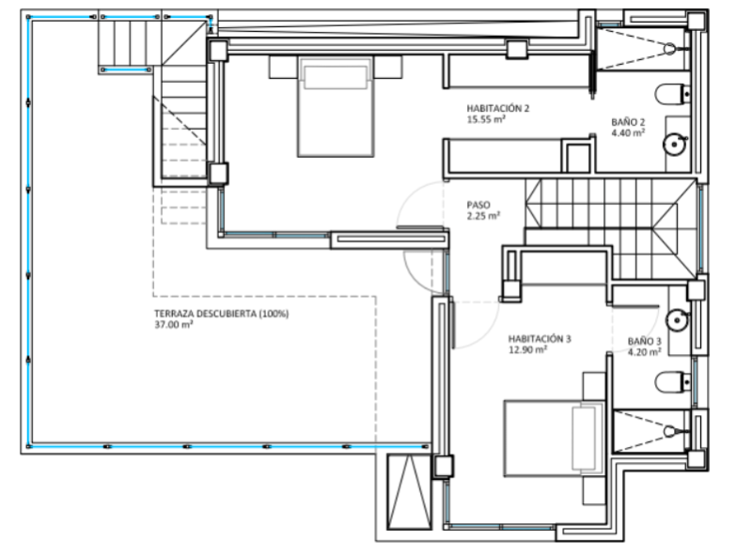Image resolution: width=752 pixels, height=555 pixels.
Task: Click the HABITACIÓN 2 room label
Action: [498, 108]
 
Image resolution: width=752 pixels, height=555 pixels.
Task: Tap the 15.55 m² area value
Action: [486, 119]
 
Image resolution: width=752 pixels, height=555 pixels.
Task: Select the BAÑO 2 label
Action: [628, 122]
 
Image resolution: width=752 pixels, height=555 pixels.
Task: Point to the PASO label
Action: [478, 205]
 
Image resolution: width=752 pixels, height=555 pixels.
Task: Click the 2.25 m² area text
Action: [483, 216]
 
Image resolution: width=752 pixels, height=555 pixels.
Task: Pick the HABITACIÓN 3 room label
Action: [540, 339]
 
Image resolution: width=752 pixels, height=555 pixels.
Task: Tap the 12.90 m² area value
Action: [527, 350]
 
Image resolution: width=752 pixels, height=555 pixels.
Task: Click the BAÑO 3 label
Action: [644, 341]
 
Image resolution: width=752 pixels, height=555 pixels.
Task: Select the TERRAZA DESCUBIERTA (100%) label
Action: [222, 314]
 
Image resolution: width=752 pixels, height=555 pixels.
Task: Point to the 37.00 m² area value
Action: [174, 325]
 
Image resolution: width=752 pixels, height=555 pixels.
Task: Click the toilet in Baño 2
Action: [672, 95]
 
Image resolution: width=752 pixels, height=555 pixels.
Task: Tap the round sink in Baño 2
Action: [675, 144]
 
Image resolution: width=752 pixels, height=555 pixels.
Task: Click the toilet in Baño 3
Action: [672, 382]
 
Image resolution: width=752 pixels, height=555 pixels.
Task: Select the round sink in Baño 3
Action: [677, 319]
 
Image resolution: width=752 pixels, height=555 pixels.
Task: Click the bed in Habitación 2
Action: [336, 106]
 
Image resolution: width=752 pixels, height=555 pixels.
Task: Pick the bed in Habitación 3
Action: [554, 439]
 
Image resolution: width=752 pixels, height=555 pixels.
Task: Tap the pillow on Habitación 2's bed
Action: [336, 77]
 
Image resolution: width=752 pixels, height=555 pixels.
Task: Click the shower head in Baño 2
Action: [670, 49]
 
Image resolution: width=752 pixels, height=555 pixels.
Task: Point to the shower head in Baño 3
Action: [670, 431]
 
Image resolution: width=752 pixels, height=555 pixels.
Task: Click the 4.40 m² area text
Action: [628, 133]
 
